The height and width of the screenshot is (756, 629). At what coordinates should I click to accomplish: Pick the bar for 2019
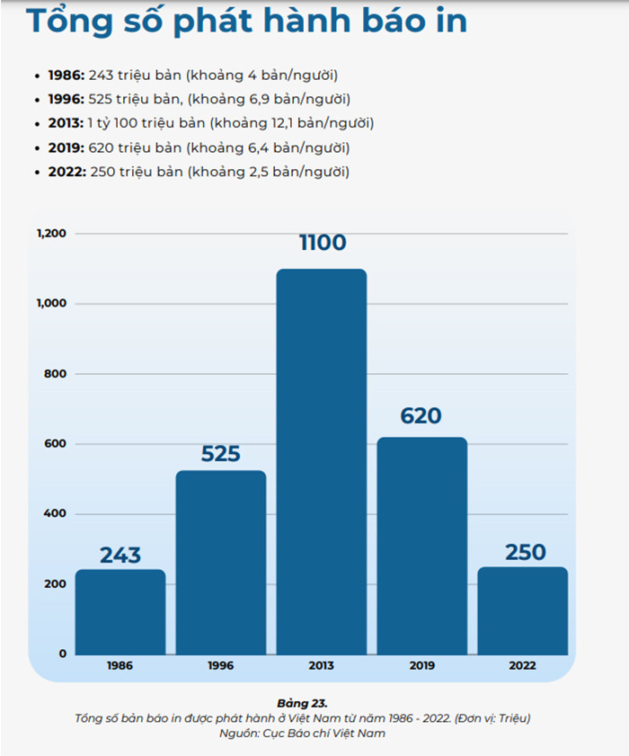tap(421, 546)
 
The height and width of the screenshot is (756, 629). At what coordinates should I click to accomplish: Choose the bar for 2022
tap(522, 610)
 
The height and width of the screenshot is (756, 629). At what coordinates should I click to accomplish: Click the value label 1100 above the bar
tap(322, 243)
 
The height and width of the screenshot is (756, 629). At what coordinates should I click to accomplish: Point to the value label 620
tap(421, 416)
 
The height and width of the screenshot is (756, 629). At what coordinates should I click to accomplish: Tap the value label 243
tap(120, 555)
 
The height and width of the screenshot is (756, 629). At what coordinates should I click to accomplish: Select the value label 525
tap(221, 454)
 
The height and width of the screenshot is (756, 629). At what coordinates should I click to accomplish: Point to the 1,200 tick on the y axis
tap(51, 234)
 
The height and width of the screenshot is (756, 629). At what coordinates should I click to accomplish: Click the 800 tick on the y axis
tap(57, 374)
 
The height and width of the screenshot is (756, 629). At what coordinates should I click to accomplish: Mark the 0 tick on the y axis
tap(63, 654)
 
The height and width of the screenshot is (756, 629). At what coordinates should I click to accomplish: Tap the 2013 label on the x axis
tap(321, 666)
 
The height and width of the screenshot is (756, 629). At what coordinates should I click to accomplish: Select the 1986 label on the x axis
tap(120, 666)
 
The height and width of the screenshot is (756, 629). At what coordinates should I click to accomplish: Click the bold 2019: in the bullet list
tap(67, 147)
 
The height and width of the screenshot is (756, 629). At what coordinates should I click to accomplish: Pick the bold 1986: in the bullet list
tap(67, 75)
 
